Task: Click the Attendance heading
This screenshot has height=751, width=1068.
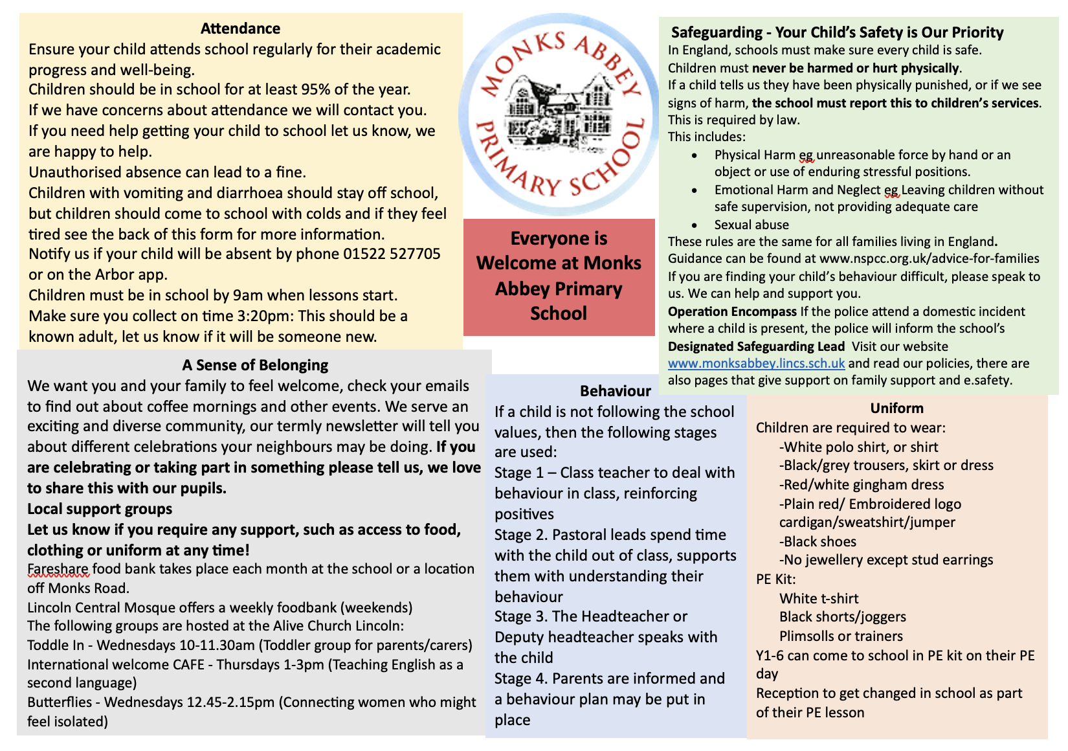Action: point(240,28)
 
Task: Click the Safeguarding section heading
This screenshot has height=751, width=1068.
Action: point(837,32)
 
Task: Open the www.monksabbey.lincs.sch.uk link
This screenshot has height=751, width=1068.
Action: point(756,364)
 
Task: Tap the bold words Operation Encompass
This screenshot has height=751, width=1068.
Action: point(732,311)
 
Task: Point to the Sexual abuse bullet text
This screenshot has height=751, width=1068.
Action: point(751,225)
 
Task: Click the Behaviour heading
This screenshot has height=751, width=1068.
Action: point(615,391)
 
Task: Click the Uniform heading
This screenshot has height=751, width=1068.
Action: point(896,409)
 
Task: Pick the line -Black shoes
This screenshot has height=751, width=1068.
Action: point(818,542)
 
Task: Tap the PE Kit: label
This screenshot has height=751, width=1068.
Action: point(775,579)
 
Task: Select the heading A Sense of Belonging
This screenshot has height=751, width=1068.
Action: point(255,365)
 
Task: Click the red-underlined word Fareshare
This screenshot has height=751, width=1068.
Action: point(58,569)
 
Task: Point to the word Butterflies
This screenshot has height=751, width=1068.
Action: point(61,702)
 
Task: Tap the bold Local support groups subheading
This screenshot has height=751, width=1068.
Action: point(100,509)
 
